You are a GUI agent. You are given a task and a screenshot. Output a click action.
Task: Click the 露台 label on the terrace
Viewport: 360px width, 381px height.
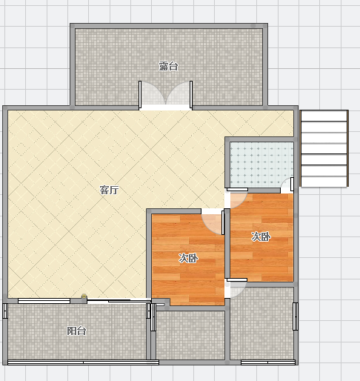(x=168, y=66)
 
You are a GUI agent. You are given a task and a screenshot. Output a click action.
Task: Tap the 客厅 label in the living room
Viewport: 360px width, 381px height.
(x=109, y=190)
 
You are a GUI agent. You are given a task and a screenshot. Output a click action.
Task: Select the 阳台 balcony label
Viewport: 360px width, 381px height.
(x=76, y=331)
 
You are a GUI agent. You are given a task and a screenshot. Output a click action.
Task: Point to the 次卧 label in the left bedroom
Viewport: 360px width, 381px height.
(x=188, y=258)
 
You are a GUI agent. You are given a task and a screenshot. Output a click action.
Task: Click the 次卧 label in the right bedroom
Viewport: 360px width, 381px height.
(x=261, y=236)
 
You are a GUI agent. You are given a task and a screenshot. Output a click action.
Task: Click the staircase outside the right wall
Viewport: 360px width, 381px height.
(x=324, y=148)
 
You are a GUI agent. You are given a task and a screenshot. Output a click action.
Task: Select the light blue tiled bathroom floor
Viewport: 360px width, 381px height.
(x=261, y=165)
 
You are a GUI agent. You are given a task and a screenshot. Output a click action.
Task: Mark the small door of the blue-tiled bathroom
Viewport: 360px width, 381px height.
(x=288, y=184)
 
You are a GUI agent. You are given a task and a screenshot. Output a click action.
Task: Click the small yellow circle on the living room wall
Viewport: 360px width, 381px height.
(x=84, y=296)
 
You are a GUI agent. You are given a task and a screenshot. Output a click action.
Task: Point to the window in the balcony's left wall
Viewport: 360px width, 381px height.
(x=5, y=311)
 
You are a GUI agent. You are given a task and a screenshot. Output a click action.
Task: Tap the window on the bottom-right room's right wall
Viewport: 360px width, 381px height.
(x=296, y=317)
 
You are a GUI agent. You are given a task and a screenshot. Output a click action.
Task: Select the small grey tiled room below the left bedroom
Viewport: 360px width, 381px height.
(x=190, y=335)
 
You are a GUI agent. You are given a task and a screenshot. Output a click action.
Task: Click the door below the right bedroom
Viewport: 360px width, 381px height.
(x=236, y=287)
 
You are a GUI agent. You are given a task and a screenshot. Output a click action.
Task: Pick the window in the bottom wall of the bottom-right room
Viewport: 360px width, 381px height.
(x=268, y=362)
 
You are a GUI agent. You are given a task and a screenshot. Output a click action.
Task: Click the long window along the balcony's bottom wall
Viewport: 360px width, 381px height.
(x=83, y=362)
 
